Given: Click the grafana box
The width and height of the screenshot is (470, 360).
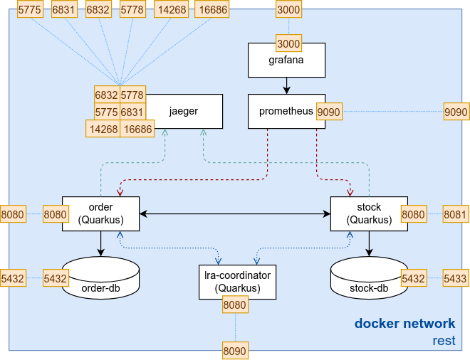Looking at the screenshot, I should click(x=286, y=60).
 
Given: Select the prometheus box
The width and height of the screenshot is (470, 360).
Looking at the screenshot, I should click(x=281, y=112).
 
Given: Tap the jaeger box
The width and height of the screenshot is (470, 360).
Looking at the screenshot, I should click(x=184, y=112).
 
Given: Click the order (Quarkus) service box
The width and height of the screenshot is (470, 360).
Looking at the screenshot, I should click(x=100, y=213).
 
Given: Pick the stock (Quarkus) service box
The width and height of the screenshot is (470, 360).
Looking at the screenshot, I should click(x=369, y=213).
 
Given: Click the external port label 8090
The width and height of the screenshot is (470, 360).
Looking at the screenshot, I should click(x=234, y=350).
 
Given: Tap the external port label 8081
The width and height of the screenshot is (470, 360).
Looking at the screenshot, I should click(x=456, y=213).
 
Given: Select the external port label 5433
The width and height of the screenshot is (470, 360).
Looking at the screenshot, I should click(x=456, y=277).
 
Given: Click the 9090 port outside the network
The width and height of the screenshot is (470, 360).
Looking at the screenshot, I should click(x=456, y=112).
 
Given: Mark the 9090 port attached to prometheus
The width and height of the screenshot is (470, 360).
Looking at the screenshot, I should click(x=328, y=112).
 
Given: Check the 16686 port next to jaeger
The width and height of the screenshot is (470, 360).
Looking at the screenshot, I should click(x=137, y=129).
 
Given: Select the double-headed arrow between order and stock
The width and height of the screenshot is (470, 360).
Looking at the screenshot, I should click(x=235, y=213).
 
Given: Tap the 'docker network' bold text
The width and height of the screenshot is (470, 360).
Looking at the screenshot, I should click(x=404, y=324).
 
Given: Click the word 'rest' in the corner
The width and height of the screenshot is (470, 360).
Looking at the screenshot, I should click(x=444, y=341).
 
